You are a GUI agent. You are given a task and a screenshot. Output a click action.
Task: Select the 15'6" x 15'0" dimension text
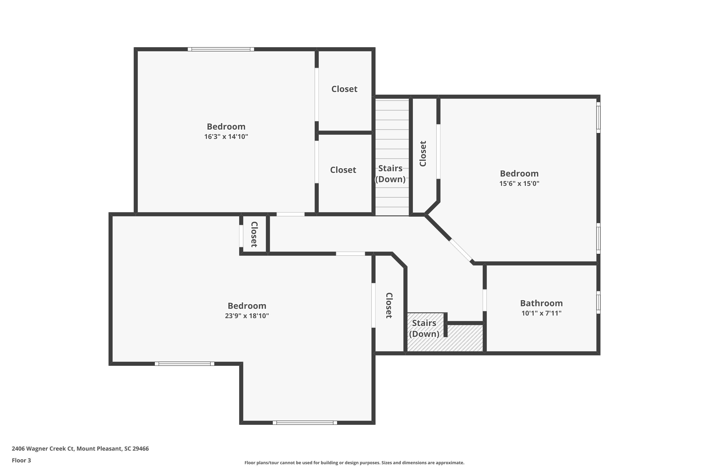tap(519, 183)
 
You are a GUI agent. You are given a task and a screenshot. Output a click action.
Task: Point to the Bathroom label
tap(541, 303)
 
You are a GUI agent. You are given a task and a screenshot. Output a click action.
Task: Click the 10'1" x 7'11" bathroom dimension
tap(541, 313)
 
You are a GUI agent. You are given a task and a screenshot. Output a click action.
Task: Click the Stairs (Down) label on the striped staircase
tap(390, 174)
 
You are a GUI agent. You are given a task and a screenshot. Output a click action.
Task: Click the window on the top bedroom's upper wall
tap(221, 49)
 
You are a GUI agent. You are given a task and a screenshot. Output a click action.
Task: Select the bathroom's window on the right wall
tap(598, 302)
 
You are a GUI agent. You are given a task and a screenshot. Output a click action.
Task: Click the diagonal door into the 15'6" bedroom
tap(461, 250)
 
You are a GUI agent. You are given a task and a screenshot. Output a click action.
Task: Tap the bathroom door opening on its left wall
tap(484, 300)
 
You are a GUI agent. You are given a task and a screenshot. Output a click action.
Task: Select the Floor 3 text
tap(22, 460)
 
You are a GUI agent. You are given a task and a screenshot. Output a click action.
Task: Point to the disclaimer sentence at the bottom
tap(354, 463)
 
